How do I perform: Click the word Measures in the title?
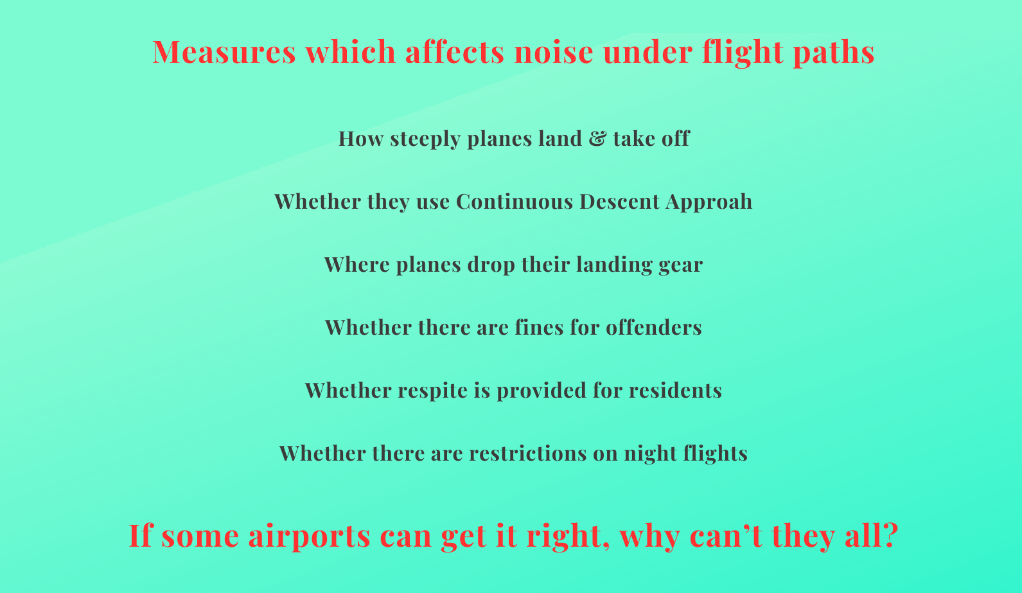(224, 51)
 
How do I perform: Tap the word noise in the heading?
(554, 51)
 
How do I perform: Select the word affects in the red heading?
(454, 51)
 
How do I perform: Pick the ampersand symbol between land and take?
(597, 138)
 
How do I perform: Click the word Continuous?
(514, 201)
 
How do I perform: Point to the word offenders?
(653, 327)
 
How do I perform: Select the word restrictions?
(527, 453)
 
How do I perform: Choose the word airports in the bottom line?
(310, 536)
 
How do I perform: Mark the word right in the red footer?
(568, 536)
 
